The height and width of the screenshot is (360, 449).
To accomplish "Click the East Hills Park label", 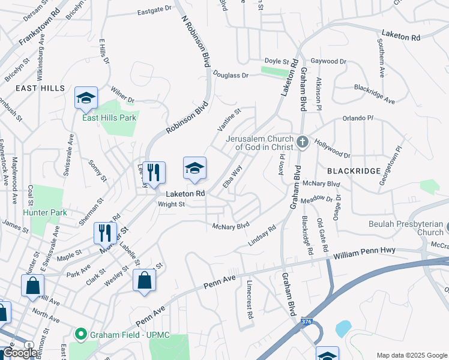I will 109,118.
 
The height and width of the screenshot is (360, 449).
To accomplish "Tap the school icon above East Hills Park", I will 86,98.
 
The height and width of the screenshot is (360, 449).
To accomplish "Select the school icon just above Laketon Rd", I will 194,169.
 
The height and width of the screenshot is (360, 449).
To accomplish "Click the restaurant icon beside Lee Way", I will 154,173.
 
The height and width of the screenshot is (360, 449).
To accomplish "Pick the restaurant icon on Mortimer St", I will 106,233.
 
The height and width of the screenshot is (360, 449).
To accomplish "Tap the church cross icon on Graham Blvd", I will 302,142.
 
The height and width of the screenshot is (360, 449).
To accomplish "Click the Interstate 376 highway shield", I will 307,322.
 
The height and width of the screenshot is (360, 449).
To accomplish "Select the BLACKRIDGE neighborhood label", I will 354,171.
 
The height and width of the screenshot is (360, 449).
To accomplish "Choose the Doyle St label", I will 277,61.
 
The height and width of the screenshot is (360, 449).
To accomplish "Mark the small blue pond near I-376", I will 343,328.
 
